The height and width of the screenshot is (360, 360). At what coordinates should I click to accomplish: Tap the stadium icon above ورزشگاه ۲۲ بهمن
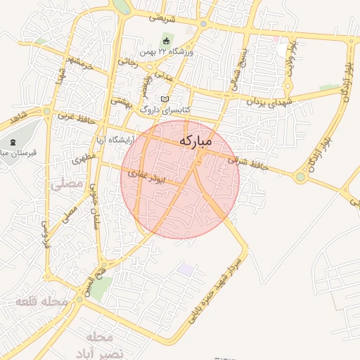click(167, 39)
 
